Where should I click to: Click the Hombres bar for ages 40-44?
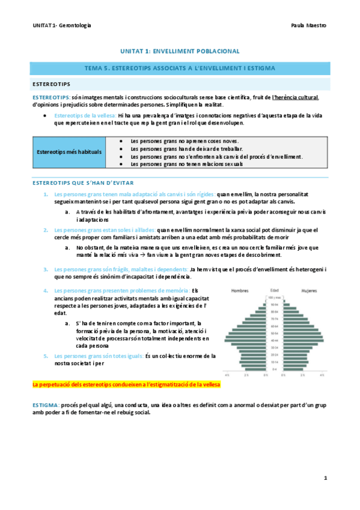click(x=246, y=340)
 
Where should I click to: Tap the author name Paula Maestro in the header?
click(x=308, y=26)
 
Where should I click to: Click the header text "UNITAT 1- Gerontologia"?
click(x=62, y=26)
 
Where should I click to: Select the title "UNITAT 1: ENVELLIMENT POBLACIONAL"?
click(x=180, y=52)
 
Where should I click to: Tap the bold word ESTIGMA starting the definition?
click(x=45, y=406)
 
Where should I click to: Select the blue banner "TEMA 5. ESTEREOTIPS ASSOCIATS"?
click(x=180, y=69)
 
